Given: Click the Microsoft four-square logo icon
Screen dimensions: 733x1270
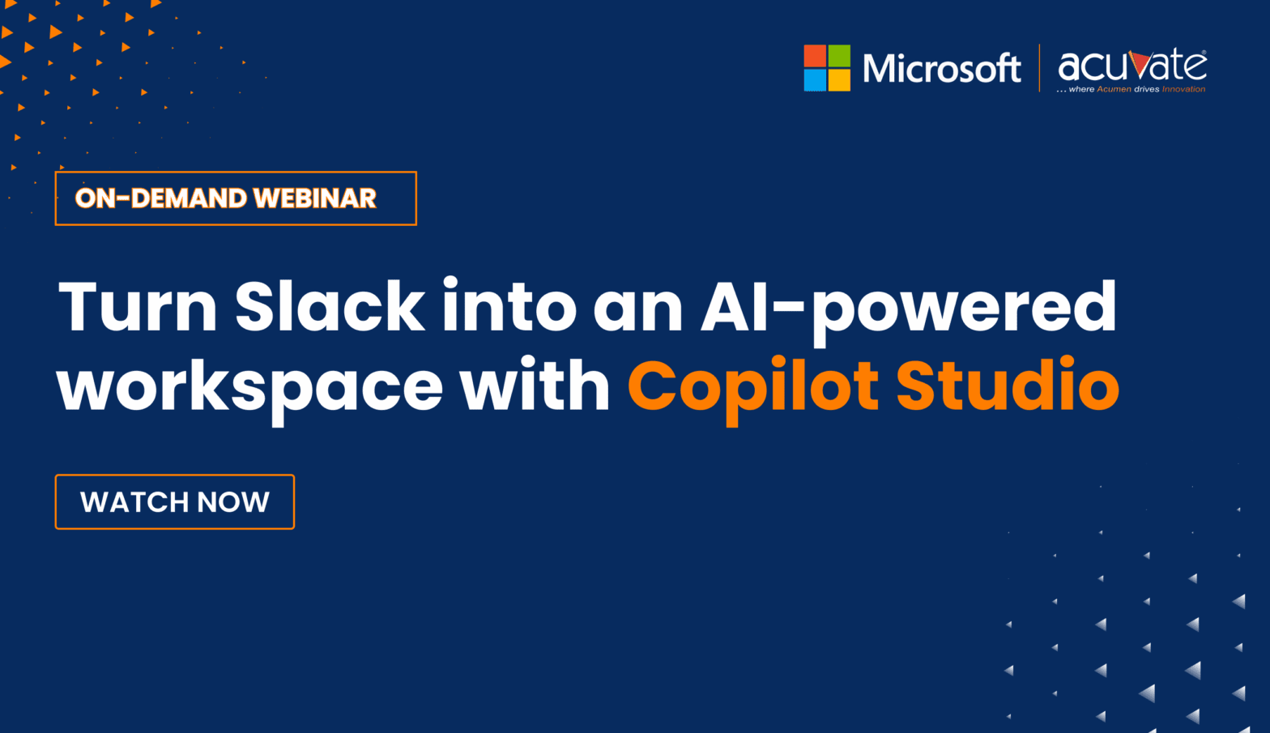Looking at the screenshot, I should pyautogui.click(x=827, y=68).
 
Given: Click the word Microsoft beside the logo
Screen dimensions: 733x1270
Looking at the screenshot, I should pyautogui.click(x=941, y=69).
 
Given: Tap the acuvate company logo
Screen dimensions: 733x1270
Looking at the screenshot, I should pyautogui.click(x=1131, y=65).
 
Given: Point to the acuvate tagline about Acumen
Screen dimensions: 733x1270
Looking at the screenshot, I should pyautogui.click(x=1131, y=89).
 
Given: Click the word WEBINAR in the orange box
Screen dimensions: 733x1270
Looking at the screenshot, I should pyautogui.click(x=314, y=198).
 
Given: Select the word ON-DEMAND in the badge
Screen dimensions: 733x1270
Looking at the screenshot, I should pyautogui.click(x=160, y=198).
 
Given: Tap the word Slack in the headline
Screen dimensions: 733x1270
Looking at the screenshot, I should pyautogui.click(x=330, y=308).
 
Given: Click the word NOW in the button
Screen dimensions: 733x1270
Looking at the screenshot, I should pyautogui.click(x=233, y=502).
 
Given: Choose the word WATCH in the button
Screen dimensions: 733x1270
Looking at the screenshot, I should pyautogui.click(x=134, y=502).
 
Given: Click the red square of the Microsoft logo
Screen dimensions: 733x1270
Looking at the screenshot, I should pyautogui.click(x=815, y=56).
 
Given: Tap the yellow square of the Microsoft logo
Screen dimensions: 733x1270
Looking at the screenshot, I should pyautogui.click(x=839, y=80).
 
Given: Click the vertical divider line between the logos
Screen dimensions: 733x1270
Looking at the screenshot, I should pyautogui.click(x=1040, y=68).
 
